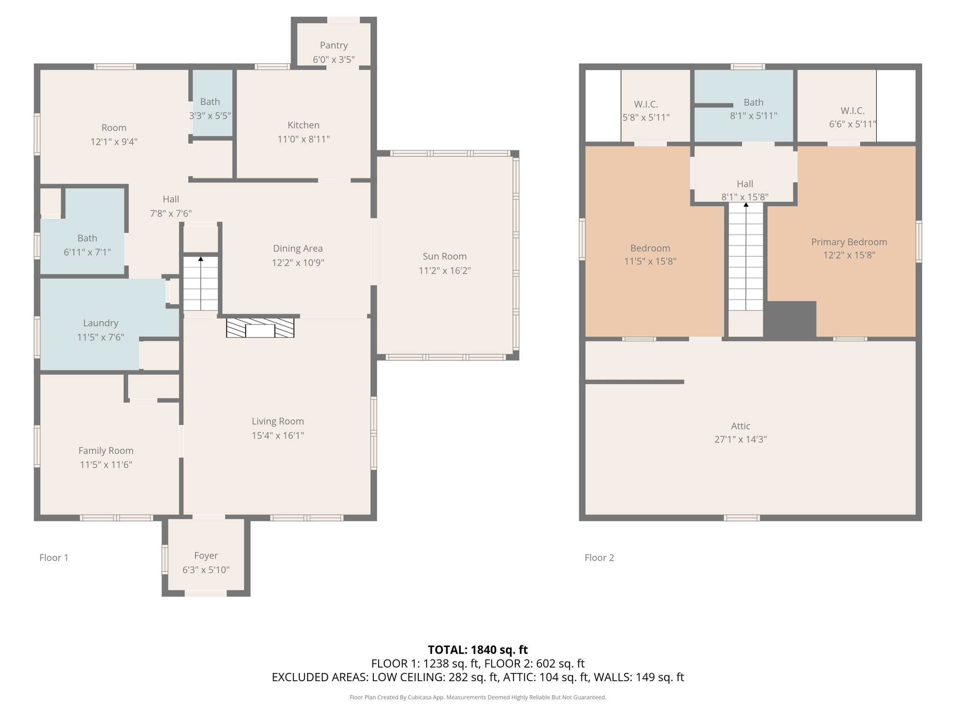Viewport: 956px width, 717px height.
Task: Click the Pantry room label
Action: (334, 45)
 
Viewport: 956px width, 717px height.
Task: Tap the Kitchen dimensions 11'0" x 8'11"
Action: (303, 139)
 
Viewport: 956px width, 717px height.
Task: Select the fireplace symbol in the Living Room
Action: (260, 328)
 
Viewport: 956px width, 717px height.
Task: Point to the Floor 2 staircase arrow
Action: (746, 256)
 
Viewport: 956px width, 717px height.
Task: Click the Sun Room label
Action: (444, 256)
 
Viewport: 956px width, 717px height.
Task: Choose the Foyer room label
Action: (206, 555)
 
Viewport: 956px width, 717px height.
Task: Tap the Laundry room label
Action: (100, 323)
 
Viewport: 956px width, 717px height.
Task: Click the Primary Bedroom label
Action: (849, 242)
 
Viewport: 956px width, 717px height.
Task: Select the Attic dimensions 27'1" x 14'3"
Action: (740, 439)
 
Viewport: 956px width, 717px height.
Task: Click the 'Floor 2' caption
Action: (599, 557)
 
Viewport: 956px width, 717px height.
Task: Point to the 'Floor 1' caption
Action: (54, 557)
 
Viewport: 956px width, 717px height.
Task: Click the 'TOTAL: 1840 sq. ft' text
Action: (478, 650)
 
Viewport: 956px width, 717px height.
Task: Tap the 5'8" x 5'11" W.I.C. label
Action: (646, 111)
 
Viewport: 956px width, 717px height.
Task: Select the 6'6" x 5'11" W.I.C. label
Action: (853, 117)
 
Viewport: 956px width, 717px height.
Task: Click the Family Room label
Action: (106, 450)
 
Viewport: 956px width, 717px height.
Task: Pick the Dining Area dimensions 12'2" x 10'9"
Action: (298, 262)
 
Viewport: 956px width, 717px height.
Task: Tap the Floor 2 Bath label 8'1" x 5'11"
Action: (753, 109)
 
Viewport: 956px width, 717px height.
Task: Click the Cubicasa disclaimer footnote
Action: (478, 697)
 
